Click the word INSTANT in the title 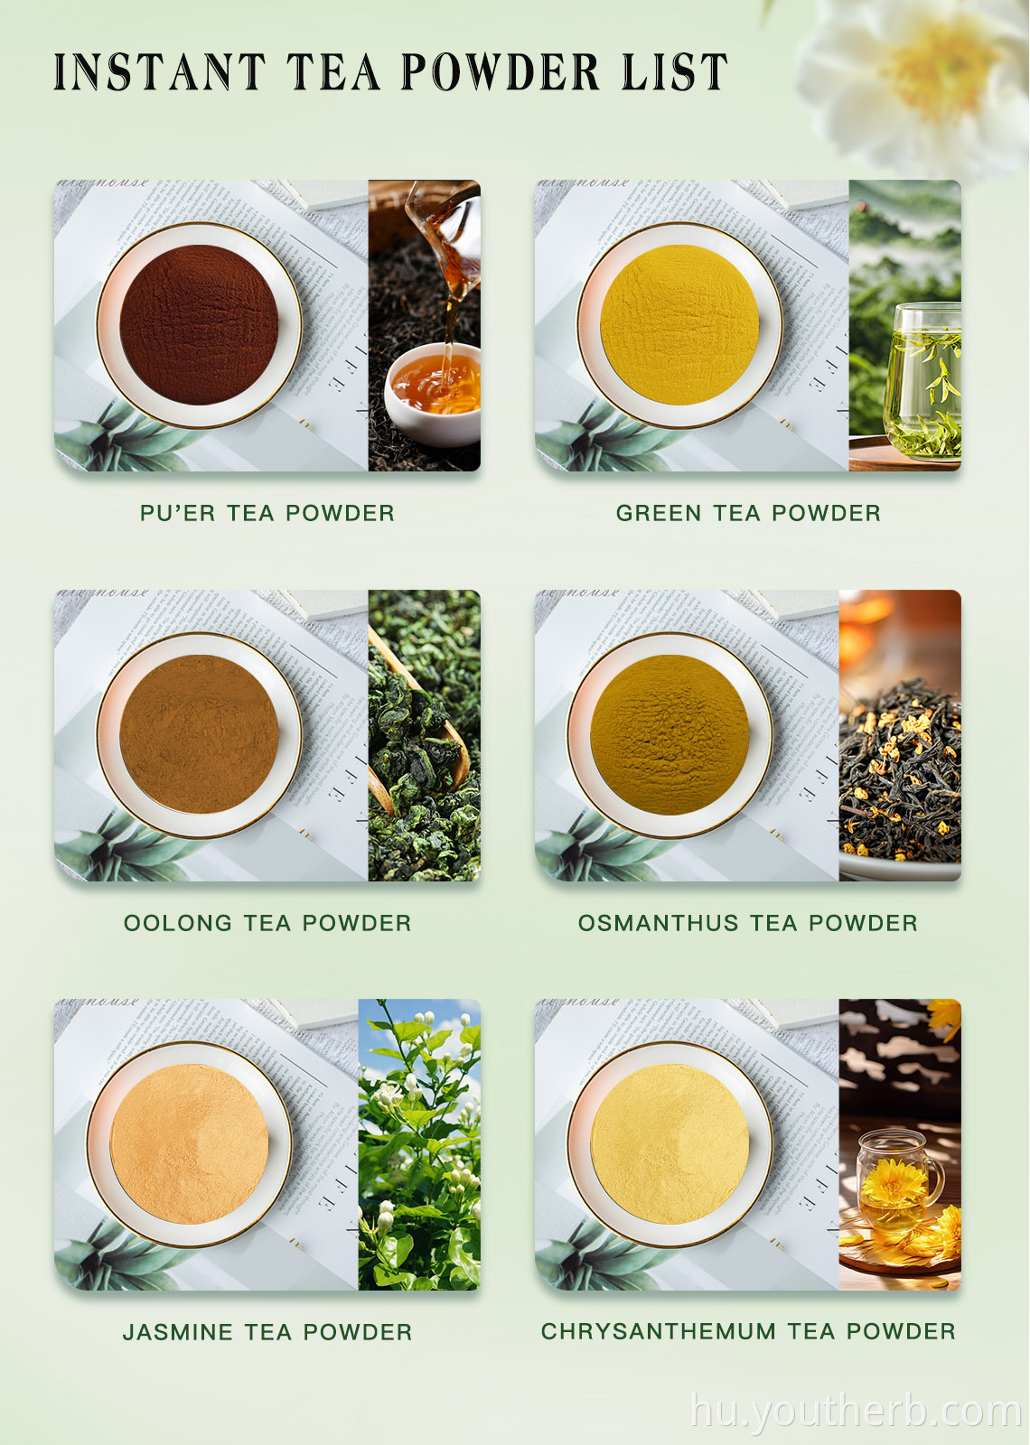(x=159, y=72)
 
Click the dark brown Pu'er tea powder (x=199, y=324)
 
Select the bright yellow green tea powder (x=679, y=324)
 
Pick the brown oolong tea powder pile (x=199, y=734)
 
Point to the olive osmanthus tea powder (x=669, y=734)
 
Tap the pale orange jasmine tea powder (x=190, y=1143)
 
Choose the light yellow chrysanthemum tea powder (x=669, y=1143)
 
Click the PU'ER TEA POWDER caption (x=267, y=513)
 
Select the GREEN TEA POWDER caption (x=748, y=513)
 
